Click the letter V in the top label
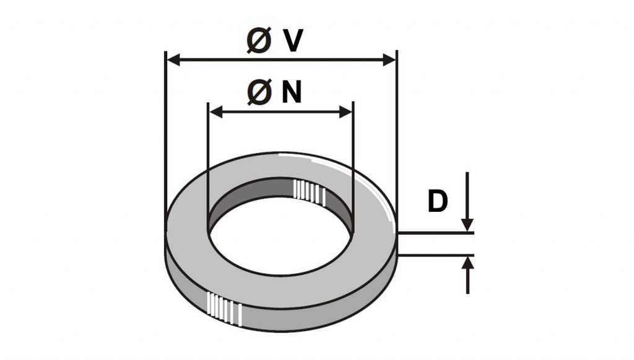293,41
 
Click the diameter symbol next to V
259,40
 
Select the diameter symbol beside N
259,92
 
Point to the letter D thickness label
438,201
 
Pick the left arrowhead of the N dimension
216,112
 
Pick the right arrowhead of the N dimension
345,112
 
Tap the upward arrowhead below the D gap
468,263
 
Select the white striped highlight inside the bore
310,191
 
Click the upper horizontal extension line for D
436,233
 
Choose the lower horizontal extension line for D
436,255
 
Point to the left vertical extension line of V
166,141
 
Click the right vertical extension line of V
397,141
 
